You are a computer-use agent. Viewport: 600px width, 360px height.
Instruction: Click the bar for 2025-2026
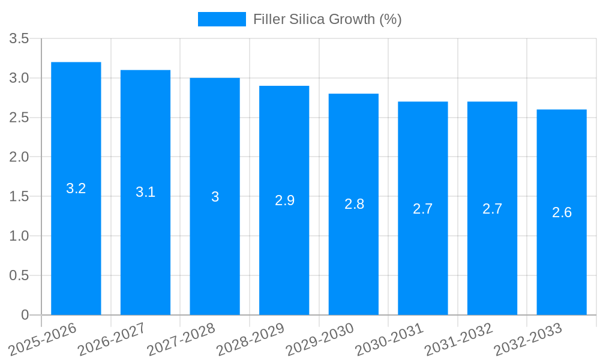76,240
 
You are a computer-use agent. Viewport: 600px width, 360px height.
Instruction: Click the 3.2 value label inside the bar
76,188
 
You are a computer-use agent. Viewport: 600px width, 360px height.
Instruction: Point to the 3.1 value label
145,192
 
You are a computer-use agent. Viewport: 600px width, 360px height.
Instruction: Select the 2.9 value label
284,200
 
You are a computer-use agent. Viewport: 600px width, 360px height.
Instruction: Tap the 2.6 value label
562,212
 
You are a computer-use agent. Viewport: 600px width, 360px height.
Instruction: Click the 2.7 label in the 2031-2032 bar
492,209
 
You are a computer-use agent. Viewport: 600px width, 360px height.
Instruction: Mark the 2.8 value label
354,204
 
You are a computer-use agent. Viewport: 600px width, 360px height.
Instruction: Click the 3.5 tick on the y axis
19,39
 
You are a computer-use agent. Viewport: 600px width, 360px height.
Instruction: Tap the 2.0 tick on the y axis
19,157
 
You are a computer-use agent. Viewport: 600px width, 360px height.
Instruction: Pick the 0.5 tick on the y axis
19,275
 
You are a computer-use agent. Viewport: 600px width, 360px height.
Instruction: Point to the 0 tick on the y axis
25,315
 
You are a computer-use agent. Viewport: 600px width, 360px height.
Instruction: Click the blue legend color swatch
222,19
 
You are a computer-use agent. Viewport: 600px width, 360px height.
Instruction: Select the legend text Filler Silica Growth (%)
327,19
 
